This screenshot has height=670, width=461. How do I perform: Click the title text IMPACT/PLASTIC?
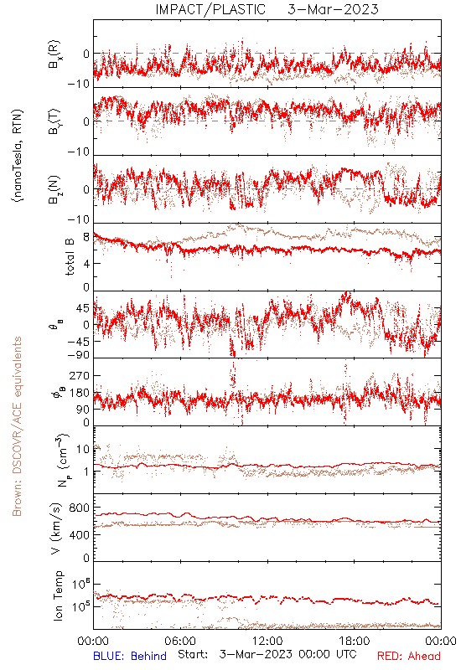(x=210, y=9)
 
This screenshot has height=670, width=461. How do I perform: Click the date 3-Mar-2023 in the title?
(x=333, y=9)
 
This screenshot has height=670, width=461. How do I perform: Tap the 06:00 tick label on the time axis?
(x=180, y=641)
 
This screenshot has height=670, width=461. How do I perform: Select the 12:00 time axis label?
(x=267, y=641)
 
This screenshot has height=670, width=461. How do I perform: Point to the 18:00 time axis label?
(x=355, y=641)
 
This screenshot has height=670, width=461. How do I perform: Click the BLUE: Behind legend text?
(x=130, y=656)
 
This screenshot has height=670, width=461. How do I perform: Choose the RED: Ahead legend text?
(x=409, y=656)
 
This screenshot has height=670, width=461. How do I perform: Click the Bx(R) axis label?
(x=54, y=54)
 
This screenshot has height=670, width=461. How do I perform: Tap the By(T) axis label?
(x=54, y=121)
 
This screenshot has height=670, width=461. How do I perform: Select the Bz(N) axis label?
(x=54, y=189)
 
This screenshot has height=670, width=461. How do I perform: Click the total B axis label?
(x=70, y=257)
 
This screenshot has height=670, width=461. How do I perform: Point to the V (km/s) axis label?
(x=55, y=528)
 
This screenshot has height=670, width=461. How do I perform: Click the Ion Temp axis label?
(x=58, y=595)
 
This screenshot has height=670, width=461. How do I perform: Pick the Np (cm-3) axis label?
(x=62, y=460)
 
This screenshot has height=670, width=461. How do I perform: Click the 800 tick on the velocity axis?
(x=79, y=508)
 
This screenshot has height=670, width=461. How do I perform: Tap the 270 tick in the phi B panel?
(x=79, y=376)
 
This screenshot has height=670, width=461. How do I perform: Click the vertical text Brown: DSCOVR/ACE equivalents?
(x=17, y=426)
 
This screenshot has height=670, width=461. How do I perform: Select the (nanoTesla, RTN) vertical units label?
(x=18, y=156)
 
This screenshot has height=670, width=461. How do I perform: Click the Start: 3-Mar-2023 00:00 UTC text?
(x=267, y=655)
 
